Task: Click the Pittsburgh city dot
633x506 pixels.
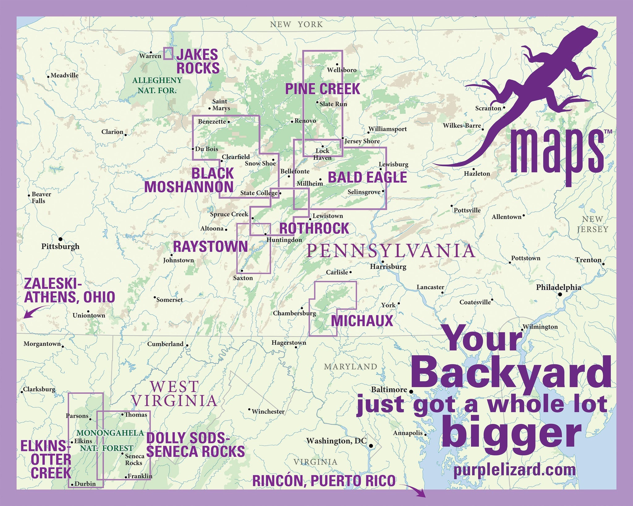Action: [61, 239]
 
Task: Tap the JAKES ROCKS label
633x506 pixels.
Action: [198, 61]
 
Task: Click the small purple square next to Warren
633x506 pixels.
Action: [168, 53]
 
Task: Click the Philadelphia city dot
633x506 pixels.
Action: [560, 295]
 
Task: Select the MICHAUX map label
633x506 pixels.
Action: [362, 321]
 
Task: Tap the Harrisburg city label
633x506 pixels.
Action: [388, 267]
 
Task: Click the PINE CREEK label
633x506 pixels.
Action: [322, 89]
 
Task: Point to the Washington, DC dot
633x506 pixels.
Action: [371, 446]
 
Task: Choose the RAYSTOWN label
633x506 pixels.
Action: [210, 247]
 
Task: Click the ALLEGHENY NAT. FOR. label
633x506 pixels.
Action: [157, 85]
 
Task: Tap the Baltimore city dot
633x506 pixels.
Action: [411, 391]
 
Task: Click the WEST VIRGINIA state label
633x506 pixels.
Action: [174, 394]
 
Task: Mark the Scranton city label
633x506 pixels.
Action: [488, 108]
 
